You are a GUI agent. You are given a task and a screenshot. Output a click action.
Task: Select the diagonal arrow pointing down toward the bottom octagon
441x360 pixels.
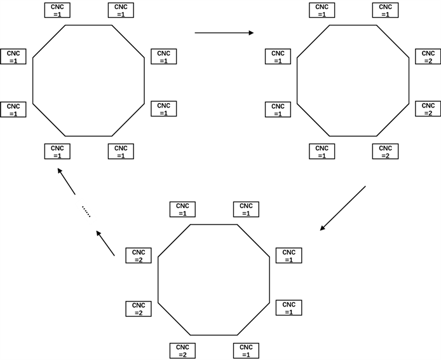coord(343,207)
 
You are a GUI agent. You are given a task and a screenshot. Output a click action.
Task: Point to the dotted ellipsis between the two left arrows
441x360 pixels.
coord(86,211)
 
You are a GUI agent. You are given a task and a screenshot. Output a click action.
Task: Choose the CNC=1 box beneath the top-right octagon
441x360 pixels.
coord(322,152)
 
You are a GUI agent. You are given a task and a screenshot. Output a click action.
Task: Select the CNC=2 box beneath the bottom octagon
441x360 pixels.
coord(182,350)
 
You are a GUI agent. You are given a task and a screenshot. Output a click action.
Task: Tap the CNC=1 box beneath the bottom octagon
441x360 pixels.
coord(247,350)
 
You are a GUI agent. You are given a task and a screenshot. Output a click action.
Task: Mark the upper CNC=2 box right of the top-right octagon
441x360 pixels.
coord(429,57)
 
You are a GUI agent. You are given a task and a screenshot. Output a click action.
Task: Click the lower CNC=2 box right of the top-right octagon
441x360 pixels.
coord(429,109)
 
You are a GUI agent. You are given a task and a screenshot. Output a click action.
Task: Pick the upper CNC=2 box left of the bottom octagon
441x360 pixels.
coord(139,256)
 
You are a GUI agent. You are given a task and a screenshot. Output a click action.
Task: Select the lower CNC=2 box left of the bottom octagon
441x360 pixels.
coord(139,308)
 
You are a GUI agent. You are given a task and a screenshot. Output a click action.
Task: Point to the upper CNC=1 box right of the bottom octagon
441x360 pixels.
coord(289,256)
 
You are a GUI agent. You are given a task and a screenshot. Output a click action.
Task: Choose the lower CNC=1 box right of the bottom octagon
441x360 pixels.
coord(289,308)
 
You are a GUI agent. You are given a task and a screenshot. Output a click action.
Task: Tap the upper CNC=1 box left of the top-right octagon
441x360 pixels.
coord(278,57)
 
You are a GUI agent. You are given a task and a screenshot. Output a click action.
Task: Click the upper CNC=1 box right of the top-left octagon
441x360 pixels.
coord(163,57)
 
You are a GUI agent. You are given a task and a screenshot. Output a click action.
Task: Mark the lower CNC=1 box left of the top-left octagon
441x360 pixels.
coord(13,109)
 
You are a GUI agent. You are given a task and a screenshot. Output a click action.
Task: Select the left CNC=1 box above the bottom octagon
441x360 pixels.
coord(182,209)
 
